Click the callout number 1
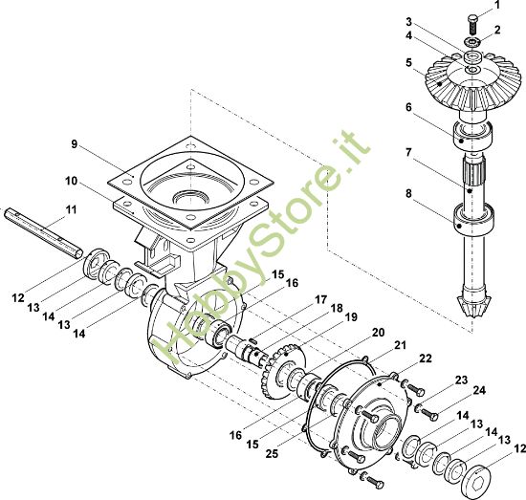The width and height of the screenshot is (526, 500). [496, 5]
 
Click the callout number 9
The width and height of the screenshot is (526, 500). [75, 144]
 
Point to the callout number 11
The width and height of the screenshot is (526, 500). [71, 209]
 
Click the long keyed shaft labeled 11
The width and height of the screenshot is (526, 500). [44, 232]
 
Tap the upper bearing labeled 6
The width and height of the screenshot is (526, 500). [473, 134]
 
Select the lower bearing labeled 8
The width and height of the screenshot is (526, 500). [473, 219]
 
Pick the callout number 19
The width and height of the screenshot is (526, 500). [351, 316]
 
